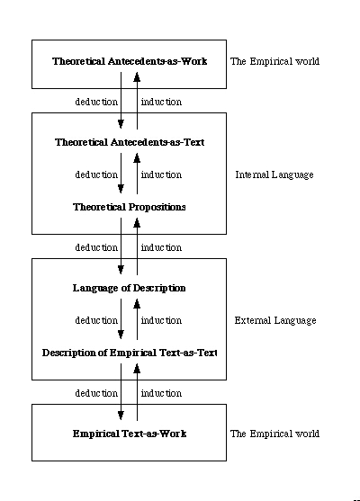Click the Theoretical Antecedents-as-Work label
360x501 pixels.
tap(130, 61)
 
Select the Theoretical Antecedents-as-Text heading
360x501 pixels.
tap(130, 142)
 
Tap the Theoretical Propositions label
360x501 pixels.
tap(130, 207)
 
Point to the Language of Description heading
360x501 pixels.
tap(130, 288)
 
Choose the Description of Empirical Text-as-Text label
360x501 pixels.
tap(130, 353)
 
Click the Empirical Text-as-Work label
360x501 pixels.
tap(130, 434)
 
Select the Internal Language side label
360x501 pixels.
tap(274, 174)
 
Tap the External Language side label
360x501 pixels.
tap(275, 320)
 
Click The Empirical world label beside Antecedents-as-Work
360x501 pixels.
tap(274, 61)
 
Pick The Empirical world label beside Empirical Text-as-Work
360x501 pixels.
tap(274, 434)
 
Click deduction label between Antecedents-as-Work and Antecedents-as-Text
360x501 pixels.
tap(96, 102)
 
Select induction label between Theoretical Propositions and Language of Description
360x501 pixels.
tap(161, 247)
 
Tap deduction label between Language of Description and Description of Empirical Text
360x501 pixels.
tap(96, 320)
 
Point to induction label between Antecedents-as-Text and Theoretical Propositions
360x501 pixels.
tap(161, 174)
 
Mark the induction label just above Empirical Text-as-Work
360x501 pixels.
tap(161, 393)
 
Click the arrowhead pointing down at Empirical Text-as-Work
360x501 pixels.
tap(121, 416)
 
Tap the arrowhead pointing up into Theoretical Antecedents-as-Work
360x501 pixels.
tap(137, 76)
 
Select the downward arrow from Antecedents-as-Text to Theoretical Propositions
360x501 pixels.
tap(121, 174)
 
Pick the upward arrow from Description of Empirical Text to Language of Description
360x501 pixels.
tap(137, 319)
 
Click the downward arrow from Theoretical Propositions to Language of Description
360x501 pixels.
tap(121, 246)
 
